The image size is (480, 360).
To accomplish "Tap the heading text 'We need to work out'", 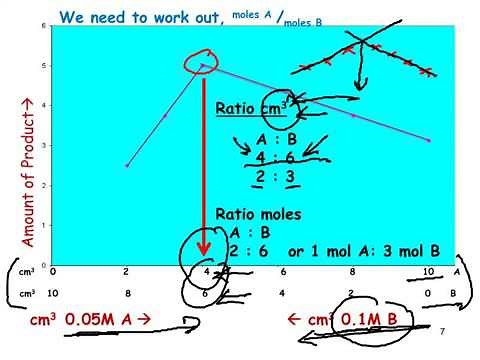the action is click(139, 17).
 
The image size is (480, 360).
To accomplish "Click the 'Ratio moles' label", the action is click(259, 215).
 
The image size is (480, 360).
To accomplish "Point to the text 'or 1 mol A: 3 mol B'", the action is click(371, 252).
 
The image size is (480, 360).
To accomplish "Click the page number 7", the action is click(441, 330).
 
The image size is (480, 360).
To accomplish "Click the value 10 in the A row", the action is click(429, 271).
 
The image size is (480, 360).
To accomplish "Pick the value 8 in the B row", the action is click(126, 294).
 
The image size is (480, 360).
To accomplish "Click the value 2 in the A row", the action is click(126, 271).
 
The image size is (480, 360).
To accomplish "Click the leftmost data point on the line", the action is click(127, 166).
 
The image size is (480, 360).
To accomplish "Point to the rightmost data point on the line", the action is click(429, 140).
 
